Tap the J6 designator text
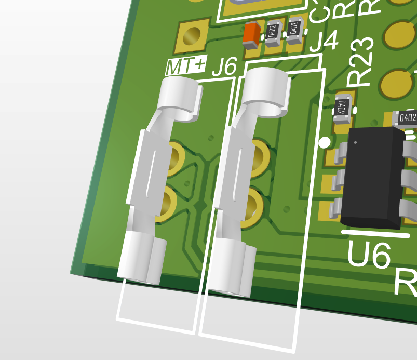(224, 66)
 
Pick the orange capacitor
(252, 33)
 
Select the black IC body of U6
(374, 177)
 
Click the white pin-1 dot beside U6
(324, 142)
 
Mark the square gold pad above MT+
(192, 36)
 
